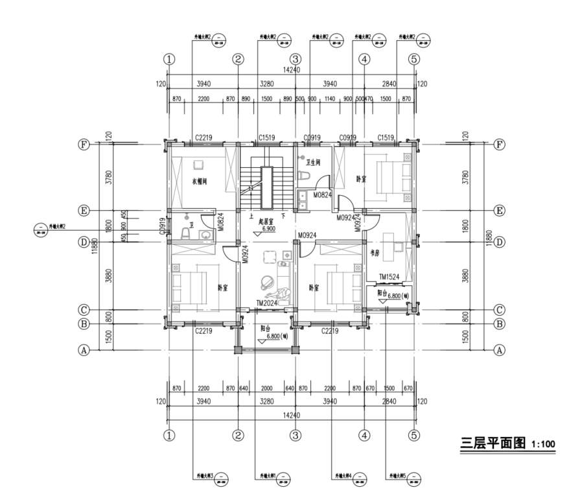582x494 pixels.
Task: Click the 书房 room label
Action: click(x=374, y=253)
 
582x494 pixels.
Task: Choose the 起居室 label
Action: click(x=265, y=222)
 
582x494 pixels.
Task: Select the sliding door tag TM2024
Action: click(x=266, y=303)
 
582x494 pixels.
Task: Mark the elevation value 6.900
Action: click(x=269, y=229)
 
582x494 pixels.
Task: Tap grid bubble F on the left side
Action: click(x=83, y=144)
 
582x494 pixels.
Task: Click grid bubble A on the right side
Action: click(x=499, y=349)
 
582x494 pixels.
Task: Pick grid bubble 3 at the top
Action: click(x=295, y=59)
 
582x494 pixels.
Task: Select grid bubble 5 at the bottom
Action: click(x=415, y=435)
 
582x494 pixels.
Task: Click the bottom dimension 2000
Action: click(x=266, y=388)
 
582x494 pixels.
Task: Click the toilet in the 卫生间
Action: click(x=305, y=177)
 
